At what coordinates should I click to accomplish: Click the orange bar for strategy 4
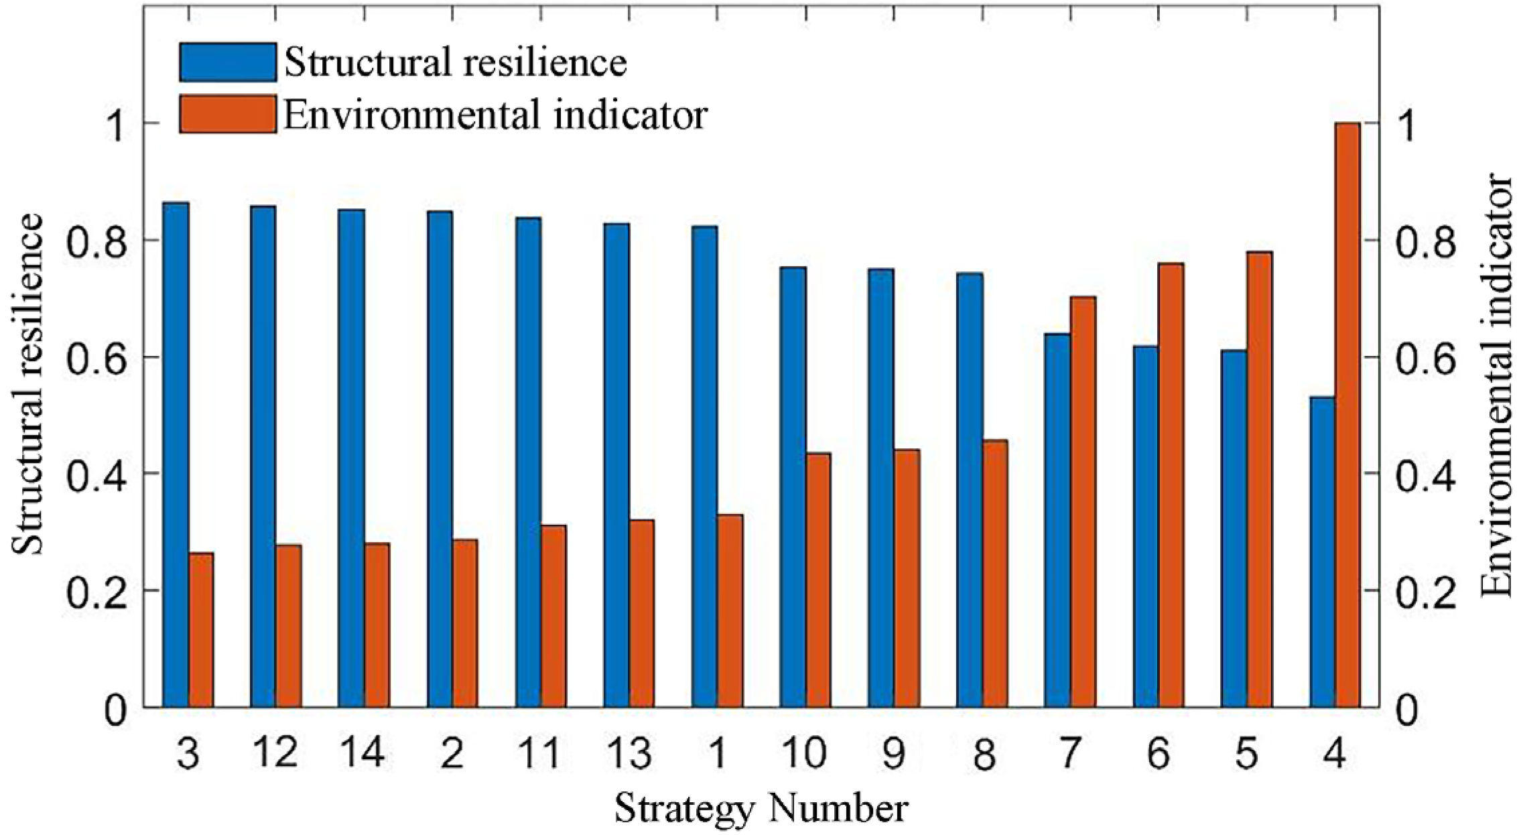click(x=1347, y=415)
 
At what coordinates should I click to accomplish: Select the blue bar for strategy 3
click(x=176, y=456)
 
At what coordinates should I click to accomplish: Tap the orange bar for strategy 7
click(x=1082, y=503)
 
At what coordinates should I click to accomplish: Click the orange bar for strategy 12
click(x=289, y=627)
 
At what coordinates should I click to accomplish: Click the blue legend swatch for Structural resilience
click(x=228, y=62)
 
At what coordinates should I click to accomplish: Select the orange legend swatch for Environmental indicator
click(x=228, y=114)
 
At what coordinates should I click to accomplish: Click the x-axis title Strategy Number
click(x=761, y=809)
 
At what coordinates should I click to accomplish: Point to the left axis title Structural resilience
click(x=28, y=385)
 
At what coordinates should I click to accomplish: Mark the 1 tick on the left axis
click(x=116, y=123)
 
